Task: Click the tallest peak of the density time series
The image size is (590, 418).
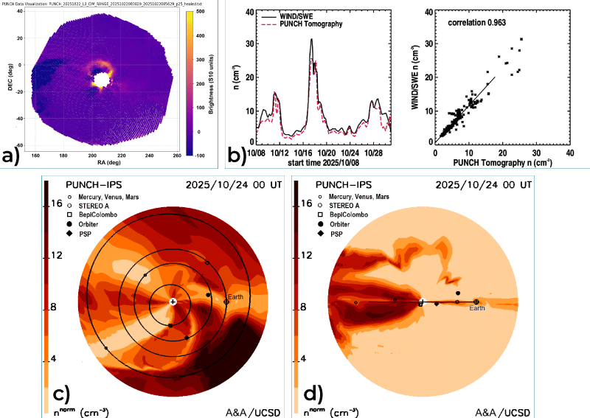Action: coord(312,41)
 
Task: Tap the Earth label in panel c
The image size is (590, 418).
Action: coord(235,296)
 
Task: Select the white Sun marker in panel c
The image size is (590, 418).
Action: coord(173,302)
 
